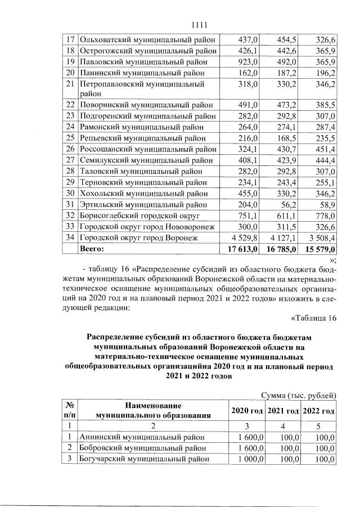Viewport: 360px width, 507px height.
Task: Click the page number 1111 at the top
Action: click(200, 25)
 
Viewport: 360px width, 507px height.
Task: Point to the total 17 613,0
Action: click(241, 248)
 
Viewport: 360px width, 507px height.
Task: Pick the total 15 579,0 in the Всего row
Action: click(319, 248)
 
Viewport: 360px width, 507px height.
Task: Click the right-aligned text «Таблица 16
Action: click(313, 318)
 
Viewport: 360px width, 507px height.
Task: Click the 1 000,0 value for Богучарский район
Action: click(245, 459)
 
